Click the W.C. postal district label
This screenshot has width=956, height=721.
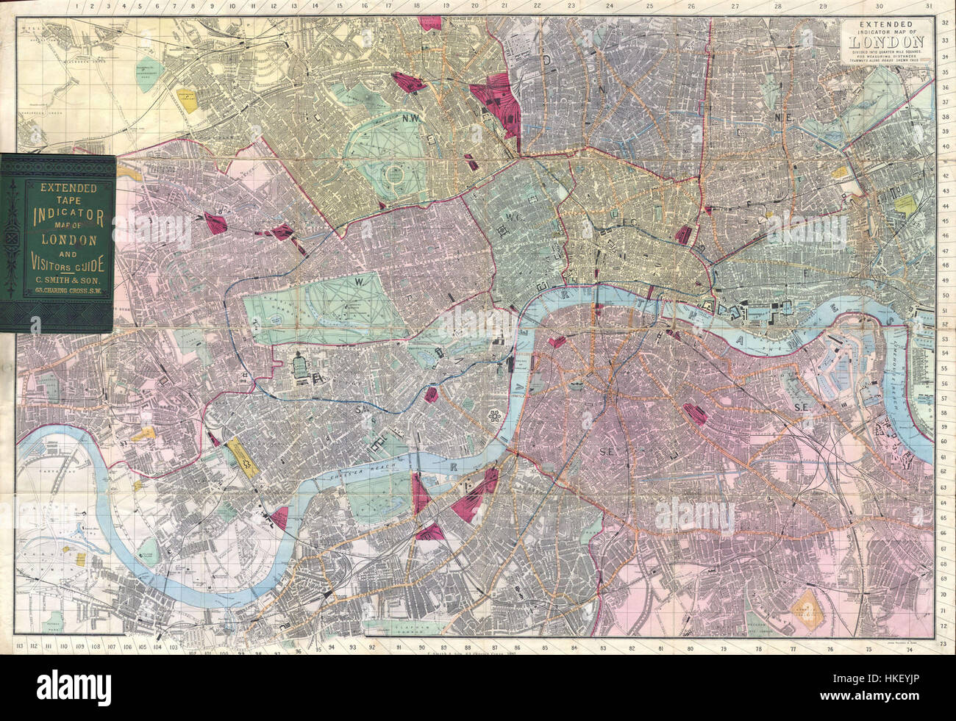(x=513, y=218)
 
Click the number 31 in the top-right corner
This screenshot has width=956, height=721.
(x=930, y=7)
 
